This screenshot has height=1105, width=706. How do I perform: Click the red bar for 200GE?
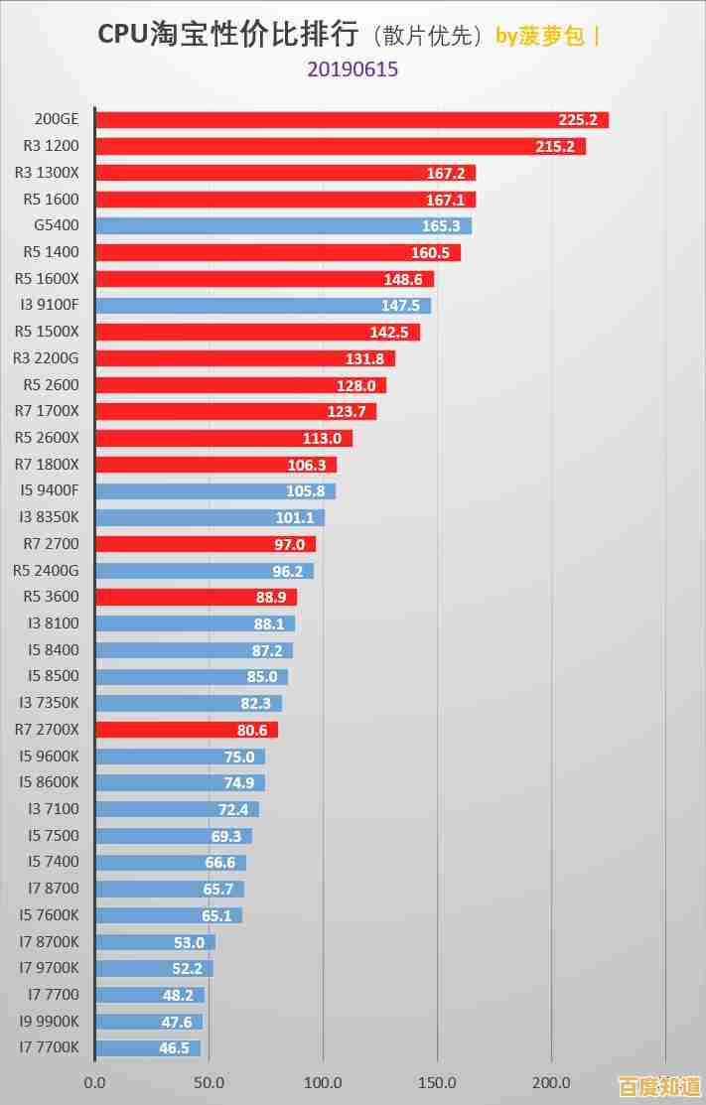pos(352,120)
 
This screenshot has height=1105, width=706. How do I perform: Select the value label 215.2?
pos(554,147)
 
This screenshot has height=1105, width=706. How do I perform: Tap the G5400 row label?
pos(57,225)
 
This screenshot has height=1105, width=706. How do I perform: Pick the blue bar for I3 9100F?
pos(262,306)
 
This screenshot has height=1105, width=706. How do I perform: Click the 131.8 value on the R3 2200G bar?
pos(364,358)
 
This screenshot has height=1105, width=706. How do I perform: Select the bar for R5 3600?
pos(196,597)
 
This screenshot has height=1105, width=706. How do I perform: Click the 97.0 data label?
pos(290,544)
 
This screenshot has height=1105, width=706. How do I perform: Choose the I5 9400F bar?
pos(215,490)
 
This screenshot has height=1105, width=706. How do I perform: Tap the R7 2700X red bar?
pos(187,730)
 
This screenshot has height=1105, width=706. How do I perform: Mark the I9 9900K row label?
pos(49,1021)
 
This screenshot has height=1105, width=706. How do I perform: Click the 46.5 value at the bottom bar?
pos(174,1047)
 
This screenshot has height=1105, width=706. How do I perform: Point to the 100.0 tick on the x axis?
pos(324,1082)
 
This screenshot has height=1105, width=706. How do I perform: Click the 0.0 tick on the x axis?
pos(95,1082)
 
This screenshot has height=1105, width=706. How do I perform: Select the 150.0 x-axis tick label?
pos(438,1082)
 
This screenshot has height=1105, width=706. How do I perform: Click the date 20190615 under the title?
pos(353,69)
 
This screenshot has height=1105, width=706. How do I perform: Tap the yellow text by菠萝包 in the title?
pos(540,36)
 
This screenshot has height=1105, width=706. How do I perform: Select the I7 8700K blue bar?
pos(155,942)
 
